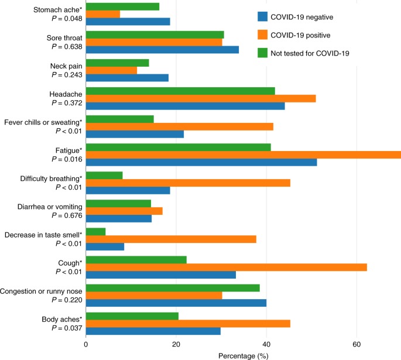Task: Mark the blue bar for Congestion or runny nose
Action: click(176, 303)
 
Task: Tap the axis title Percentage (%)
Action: click(243, 355)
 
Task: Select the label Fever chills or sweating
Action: click(43, 122)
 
